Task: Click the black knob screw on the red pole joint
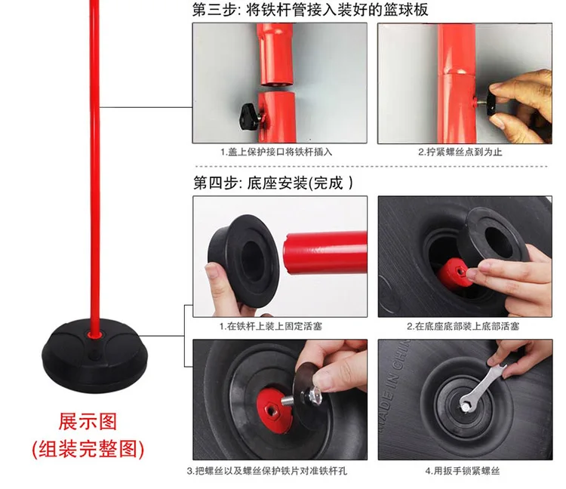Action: pos(251,117)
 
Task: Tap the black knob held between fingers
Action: pos(493,103)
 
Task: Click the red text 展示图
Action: pos(88,422)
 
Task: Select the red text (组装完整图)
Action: pos(88,449)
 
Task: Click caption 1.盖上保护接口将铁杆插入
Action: pos(276,152)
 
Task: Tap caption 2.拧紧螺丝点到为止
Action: pos(460,152)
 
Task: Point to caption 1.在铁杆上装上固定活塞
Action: pos(271,327)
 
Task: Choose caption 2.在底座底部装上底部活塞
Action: pos(463,327)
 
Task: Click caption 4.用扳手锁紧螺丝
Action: pos(463,471)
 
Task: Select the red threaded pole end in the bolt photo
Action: pos(272,406)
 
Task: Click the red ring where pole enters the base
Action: pos(94,335)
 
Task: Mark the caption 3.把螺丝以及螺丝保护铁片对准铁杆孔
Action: pos(267,471)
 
